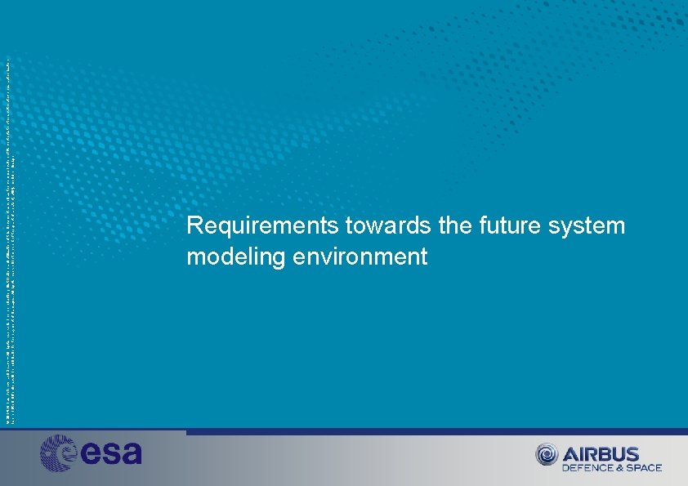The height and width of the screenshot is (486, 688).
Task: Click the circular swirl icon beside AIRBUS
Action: click(x=547, y=454)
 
